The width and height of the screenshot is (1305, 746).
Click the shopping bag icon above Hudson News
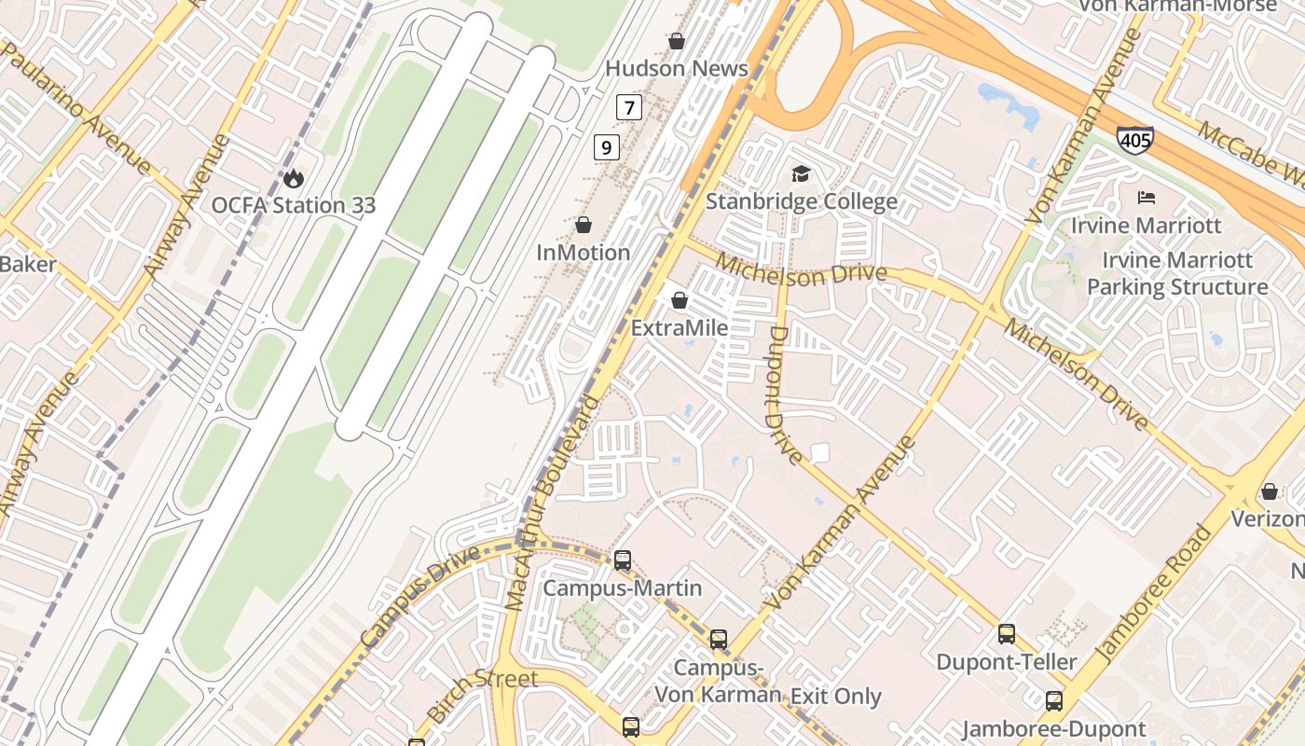677,41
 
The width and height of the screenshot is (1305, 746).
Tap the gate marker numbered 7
629,107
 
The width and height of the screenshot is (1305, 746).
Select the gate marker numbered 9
606,146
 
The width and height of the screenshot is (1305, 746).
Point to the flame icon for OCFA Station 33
294,177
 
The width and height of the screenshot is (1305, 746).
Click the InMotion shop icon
584,225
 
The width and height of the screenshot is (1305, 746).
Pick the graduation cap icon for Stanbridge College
801,173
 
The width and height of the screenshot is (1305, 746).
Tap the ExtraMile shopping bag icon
680,300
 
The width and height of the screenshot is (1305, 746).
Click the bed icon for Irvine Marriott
1147,198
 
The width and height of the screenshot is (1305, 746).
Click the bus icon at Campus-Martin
623,560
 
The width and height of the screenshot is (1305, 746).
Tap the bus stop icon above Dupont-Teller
1007,634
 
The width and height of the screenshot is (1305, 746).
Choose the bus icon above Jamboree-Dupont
1054,701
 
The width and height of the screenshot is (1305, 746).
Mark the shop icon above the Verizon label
1270,491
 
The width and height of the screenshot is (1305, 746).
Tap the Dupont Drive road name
786,394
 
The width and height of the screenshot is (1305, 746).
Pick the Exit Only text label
835,697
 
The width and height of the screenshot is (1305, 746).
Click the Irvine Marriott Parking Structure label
1177,273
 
